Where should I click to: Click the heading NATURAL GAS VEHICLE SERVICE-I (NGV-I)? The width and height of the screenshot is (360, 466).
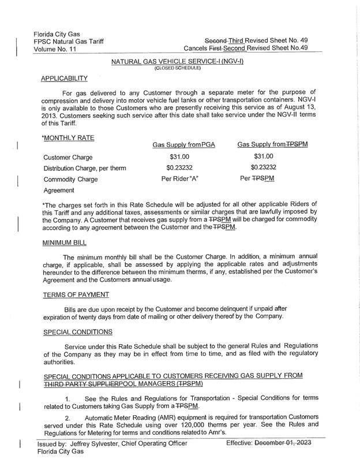click(176, 61)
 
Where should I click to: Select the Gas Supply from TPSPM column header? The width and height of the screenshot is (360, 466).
click(272, 144)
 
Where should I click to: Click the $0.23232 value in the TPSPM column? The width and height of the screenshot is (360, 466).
click(264, 168)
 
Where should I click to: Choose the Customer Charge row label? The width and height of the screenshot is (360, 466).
click(67, 157)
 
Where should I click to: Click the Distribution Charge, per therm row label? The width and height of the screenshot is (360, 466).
click(84, 169)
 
